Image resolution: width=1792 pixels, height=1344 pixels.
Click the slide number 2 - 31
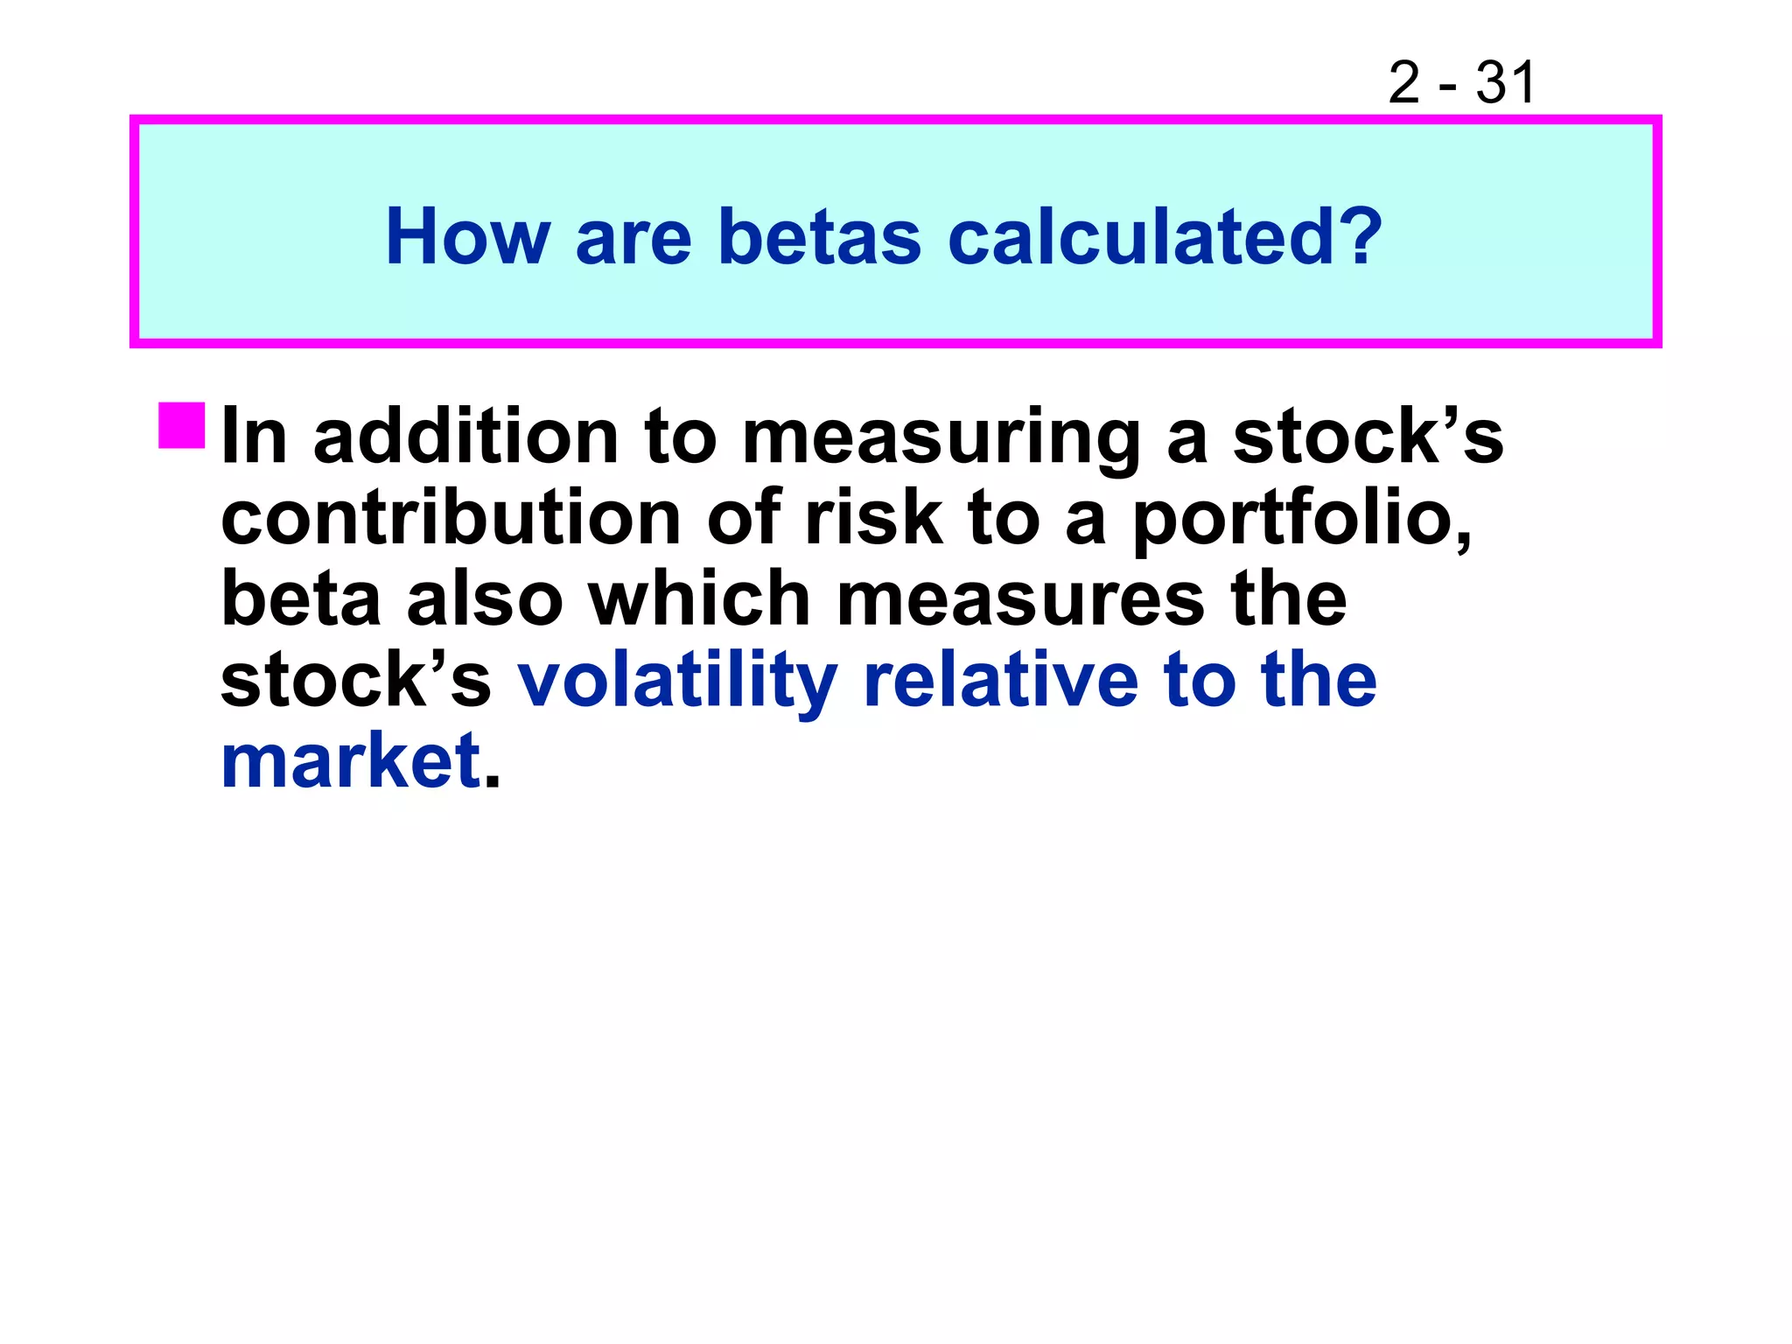click(1460, 83)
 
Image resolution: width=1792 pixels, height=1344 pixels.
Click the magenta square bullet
click(182, 426)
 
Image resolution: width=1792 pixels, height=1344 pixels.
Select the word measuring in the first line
click(941, 437)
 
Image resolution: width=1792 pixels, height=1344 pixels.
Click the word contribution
click(451, 518)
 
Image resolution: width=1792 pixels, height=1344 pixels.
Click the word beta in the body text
click(301, 599)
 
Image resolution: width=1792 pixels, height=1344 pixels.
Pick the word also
click(485, 599)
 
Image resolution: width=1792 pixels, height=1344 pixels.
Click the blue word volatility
click(678, 682)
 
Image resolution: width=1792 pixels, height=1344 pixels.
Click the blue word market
click(350, 761)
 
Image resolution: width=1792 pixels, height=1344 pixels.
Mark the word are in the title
click(633, 238)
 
